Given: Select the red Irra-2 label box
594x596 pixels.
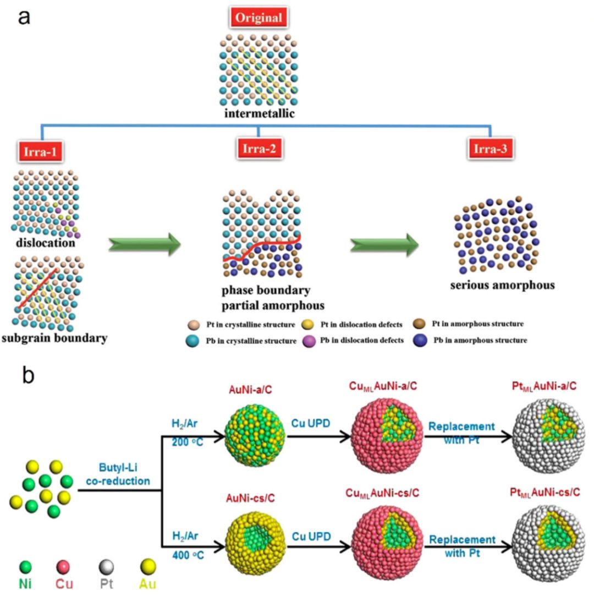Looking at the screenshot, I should click(x=258, y=147).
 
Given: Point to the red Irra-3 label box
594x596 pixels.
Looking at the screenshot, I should click(x=490, y=147).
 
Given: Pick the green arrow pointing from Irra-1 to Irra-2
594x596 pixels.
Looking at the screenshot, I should click(x=145, y=244).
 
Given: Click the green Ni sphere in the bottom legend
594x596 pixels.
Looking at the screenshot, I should click(x=24, y=567).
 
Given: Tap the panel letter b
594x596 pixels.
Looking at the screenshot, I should click(x=29, y=375).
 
